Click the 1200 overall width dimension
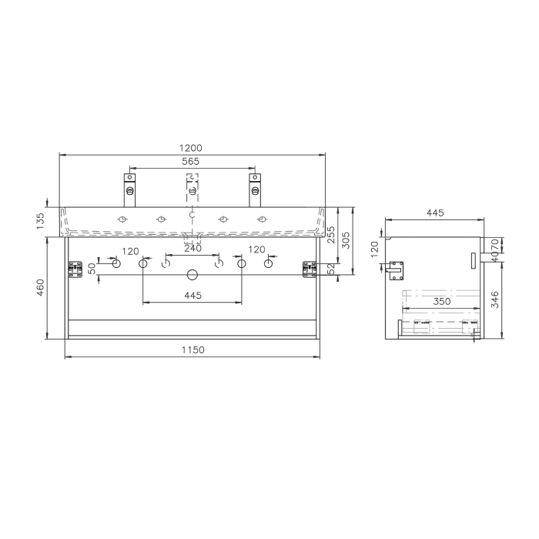tap(192, 148)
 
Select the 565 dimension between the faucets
tap(190, 161)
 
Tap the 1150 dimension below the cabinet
tap(192, 350)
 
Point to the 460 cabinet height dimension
tap(52, 286)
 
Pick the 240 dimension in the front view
tap(192, 249)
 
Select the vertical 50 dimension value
tap(92, 269)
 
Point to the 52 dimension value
tap(331, 268)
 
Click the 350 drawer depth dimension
tap(441, 302)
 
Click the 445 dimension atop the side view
tap(436, 213)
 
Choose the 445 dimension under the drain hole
tap(192, 296)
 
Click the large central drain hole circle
tap(192, 274)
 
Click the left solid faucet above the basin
tap(129, 189)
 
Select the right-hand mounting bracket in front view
tap(310, 269)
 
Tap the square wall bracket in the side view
tap(398, 269)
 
